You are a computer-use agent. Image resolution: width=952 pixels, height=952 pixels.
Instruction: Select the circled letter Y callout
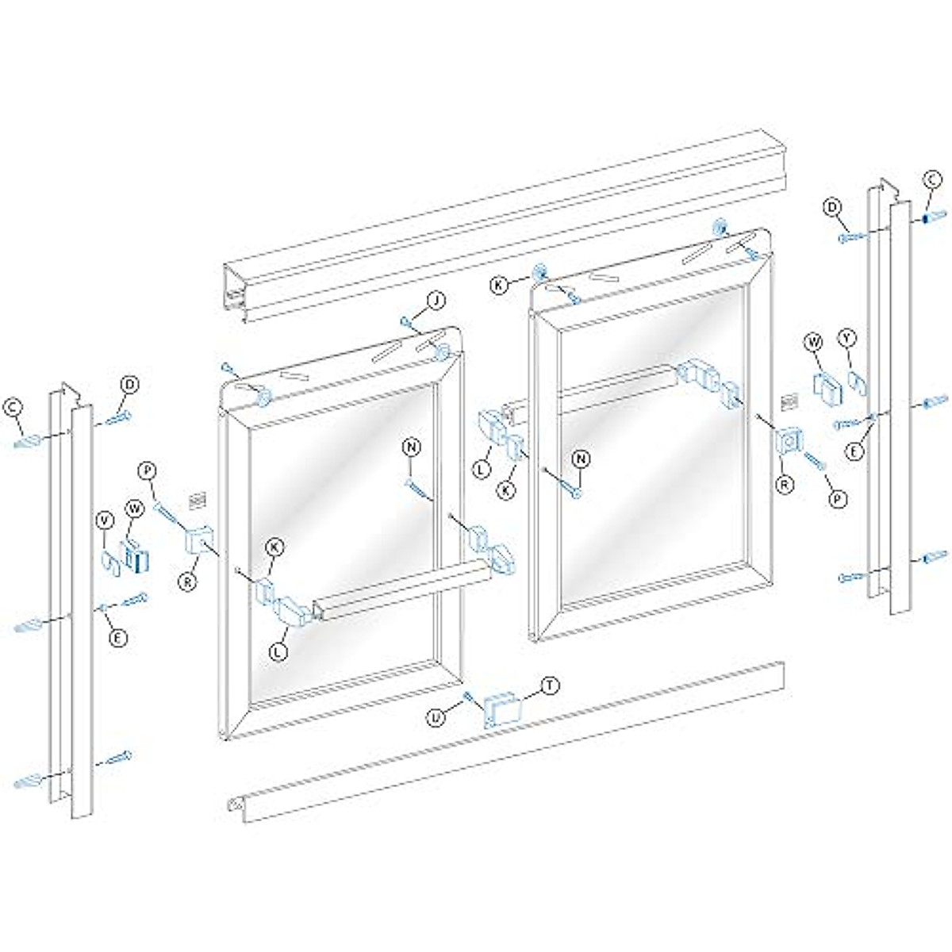pyautogui.click(x=849, y=339)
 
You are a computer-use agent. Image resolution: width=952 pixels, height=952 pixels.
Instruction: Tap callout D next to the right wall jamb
pyautogui.click(x=832, y=208)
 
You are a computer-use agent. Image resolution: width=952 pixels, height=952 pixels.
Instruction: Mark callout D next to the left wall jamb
pyautogui.click(x=129, y=386)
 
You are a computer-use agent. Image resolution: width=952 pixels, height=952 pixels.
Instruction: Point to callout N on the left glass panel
pyautogui.click(x=412, y=447)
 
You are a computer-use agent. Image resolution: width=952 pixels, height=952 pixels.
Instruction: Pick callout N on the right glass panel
pyautogui.click(x=582, y=458)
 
